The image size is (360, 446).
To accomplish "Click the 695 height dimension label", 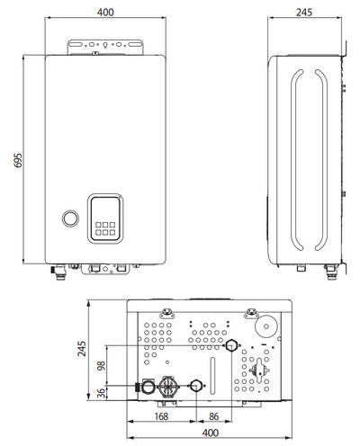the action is [x=18, y=160].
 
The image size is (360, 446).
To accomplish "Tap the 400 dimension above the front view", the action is [x=105, y=13].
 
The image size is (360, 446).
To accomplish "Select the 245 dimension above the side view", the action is [x=304, y=13].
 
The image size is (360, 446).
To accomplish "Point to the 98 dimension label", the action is [x=102, y=366].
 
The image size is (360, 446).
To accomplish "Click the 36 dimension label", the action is [x=102, y=393].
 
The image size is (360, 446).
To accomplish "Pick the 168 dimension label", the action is [x=161, y=416].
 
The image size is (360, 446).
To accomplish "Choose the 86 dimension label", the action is [x=213, y=416].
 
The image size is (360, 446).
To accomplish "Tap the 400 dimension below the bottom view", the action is [x=211, y=433].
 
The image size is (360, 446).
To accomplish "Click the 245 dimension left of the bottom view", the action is [x=82, y=349].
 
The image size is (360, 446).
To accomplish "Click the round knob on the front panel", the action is [x=71, y=219].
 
